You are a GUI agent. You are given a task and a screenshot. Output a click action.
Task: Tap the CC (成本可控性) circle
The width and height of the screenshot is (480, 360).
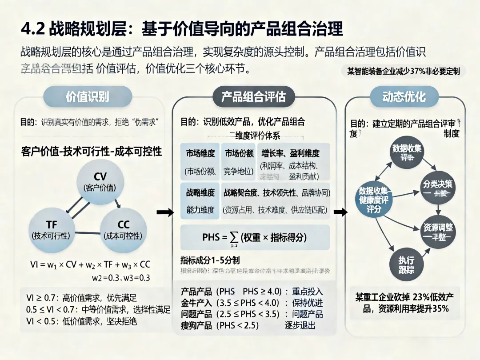click(123, 230)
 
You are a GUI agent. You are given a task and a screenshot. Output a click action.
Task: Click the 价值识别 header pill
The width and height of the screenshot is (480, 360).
click(87, 96)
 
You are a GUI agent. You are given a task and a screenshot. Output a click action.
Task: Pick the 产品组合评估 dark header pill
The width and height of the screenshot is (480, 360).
click(253, 96)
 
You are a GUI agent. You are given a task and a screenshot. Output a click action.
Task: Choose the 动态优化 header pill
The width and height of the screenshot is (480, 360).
click(404, 96)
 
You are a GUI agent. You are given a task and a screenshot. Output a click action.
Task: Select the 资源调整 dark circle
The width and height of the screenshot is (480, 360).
click(437, 232)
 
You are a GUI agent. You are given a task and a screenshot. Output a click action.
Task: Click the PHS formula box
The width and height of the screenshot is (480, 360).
click(255, 237)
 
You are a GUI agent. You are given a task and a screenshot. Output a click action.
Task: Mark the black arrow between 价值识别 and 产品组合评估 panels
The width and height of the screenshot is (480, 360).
click(165, 212)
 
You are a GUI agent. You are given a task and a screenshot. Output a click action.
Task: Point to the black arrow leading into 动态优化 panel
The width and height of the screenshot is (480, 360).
click(340, 212)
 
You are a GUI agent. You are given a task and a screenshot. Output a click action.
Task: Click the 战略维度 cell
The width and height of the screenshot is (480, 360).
click(200, 193)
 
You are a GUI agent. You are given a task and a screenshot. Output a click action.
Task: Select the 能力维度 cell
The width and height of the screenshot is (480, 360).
click(200, 210)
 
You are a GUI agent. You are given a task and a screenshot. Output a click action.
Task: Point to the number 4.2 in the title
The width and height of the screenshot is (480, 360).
click(33, 29)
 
